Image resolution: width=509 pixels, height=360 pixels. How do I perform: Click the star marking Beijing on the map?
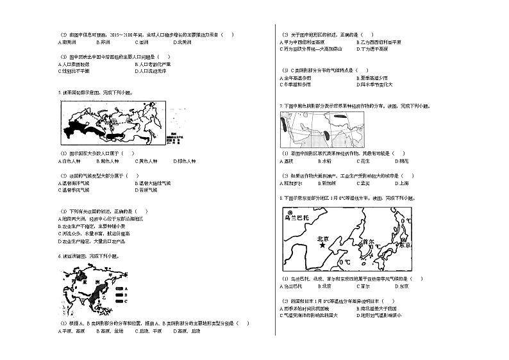tap(313, 245)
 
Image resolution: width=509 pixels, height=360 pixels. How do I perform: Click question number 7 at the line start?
tap(281, 106)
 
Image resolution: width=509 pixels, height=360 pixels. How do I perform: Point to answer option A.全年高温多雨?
tap(296, 78)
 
